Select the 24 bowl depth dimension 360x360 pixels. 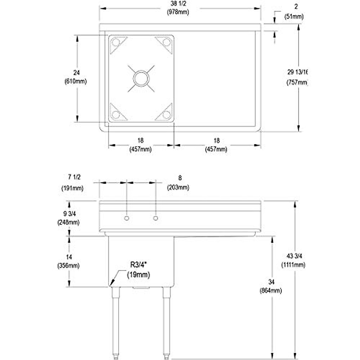coord(76,73)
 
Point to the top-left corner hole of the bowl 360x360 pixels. coord(115,43)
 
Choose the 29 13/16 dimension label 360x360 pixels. coord(297,72)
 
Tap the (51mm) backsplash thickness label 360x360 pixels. coord(294,17)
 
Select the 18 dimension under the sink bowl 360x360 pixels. coord(140,140)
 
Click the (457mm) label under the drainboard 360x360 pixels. coord(216,149)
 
